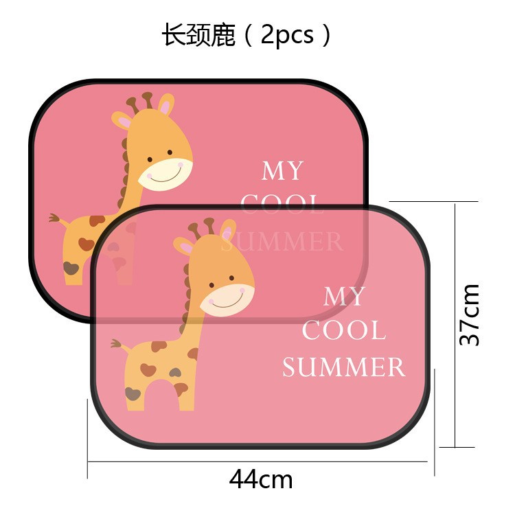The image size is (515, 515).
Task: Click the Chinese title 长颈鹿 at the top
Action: [x=198, y=35]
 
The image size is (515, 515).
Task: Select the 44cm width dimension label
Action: [x=261, y=479]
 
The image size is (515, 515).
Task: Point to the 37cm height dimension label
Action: [x=470, y=314]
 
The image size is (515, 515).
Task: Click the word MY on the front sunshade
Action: [x=344, y=297]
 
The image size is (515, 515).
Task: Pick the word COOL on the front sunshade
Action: [x=343, y=331]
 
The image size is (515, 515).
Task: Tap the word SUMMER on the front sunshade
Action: [x=343, y=367]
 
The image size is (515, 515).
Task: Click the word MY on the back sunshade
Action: [x=282, y=171]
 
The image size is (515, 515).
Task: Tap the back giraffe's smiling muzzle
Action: [x=166, y=174]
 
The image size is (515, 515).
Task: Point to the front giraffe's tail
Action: [x=118, y=343]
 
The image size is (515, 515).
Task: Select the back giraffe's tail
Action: [x=56, y=219]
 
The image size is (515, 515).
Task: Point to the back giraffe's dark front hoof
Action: [x=71, y=268]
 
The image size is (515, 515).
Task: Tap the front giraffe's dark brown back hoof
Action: [x=133, y=393]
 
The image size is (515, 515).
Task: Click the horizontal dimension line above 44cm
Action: [x=261, y=461]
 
